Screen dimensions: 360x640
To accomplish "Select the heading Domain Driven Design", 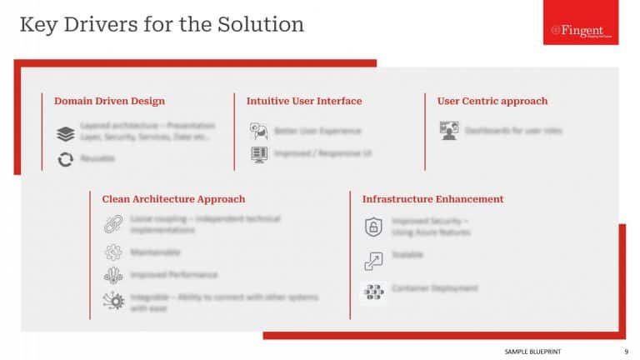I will [109, 101].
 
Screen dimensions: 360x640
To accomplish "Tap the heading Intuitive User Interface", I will [304, 101].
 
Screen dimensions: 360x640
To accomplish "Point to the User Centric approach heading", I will [492, 101].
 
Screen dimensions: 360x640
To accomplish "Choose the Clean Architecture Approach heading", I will [173, 199].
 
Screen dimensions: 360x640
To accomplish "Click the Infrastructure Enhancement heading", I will [432, 199].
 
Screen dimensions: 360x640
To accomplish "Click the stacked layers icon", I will [66, 133].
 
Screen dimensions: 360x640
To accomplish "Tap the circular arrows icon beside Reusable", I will [66, 158].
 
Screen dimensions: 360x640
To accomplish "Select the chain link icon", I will [112, 223].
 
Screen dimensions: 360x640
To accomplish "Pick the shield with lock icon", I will [373, 227].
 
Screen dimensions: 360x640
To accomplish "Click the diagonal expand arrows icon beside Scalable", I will [373, 261].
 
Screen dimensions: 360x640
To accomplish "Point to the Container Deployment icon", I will [373, 292].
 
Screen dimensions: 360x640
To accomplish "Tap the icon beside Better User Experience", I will [258, 131].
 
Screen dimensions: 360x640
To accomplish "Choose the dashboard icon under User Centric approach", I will [449, 131].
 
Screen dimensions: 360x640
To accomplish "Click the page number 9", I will [626, 352].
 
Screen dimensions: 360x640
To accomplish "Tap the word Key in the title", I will [37, 24].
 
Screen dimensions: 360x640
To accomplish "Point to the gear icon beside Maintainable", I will [112, 252].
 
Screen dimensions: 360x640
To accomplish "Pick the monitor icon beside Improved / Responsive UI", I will [258, 154].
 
